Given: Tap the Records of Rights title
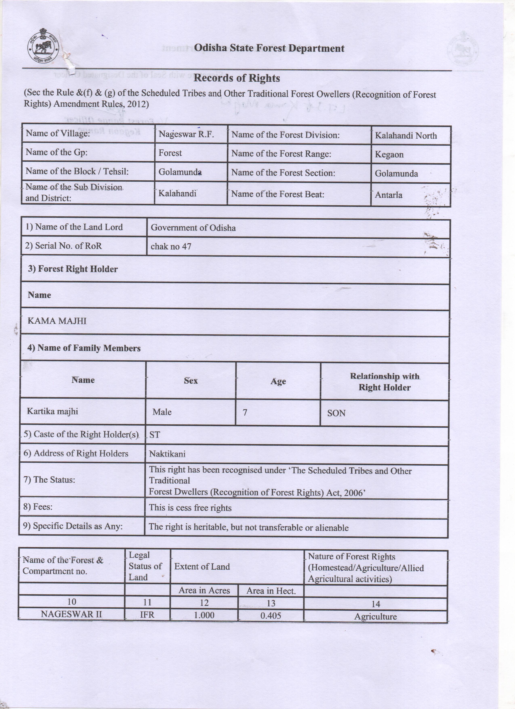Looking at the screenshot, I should [236, 78].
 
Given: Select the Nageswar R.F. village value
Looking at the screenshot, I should [186, 134].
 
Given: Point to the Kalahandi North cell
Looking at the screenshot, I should [406, 136].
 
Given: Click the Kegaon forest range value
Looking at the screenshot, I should [389, 155].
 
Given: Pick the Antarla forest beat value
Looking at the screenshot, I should [388, 195].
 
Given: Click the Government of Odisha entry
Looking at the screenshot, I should [193, 228].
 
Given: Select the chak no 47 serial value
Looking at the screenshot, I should [171, 247].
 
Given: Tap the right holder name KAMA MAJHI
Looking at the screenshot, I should [57, 321].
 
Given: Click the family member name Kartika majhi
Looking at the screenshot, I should [53, 411].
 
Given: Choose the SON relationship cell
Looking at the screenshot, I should [336, 413].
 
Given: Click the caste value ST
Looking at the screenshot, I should [155, 435].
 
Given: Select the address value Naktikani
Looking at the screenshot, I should [167, 454].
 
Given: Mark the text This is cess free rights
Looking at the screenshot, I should [190, 508].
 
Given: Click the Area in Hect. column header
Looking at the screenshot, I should [271, 591].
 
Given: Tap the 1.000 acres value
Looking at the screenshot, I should [204, 615].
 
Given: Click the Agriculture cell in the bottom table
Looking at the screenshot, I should [375, 616].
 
